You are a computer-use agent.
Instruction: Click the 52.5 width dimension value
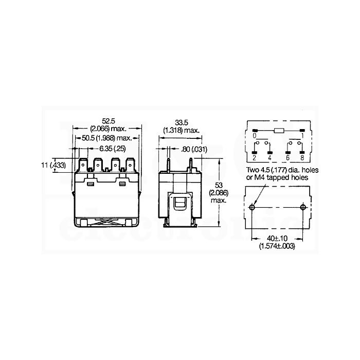tap(109, 121)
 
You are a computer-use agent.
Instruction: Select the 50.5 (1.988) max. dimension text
tap(107, 138)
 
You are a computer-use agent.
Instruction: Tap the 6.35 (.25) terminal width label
tap(113, 149)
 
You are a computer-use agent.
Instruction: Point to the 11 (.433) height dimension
tap(53, 165)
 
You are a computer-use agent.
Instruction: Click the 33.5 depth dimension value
tap(182, 123)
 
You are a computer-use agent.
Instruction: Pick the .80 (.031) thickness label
tap(194, 150)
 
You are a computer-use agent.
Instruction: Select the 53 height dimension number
tap(219, 185)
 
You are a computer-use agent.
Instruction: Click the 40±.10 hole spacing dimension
tap(277, 238)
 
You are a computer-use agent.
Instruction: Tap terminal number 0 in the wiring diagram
tap(255, 136)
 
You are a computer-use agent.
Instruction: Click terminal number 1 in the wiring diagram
tap(302, 136)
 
